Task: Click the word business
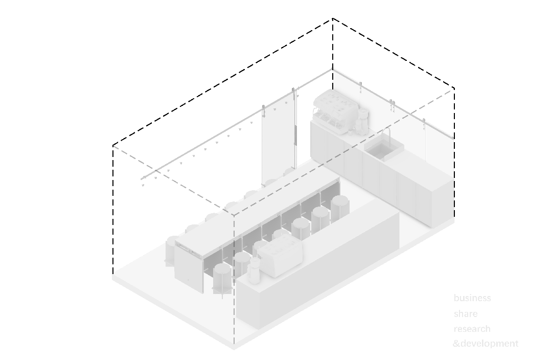pos(472,298)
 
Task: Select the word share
pos(466,313)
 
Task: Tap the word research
pos(472,329)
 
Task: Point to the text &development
pos(486,344)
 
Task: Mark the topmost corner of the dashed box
pos(333,19)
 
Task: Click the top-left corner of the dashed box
pos(113,145)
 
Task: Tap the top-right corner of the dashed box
pos(454,89)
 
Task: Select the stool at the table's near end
pos(222,279)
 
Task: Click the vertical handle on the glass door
pos(296,136)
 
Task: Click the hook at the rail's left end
pos(143,179)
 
